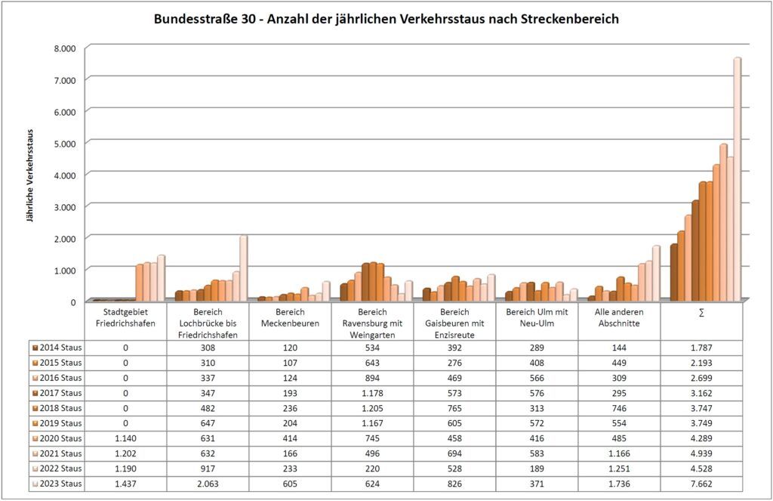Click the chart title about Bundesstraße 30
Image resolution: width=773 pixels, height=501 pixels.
pos(386,19)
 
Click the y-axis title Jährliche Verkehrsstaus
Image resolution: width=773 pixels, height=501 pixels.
pos(30,174)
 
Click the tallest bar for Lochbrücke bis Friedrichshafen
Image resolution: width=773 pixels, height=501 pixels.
pos(243,268)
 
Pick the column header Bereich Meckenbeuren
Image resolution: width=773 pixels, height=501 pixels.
pos(290,317)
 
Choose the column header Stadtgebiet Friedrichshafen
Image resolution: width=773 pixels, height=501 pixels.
pos(126,317)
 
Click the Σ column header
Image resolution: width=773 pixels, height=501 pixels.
pos(701,313)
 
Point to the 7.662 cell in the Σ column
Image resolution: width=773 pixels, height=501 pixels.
pos(701,484)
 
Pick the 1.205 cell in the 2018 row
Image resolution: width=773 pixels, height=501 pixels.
pos(372,408)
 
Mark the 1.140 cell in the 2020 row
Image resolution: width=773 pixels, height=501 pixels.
pos(126,438)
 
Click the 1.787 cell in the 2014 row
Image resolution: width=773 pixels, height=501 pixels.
pos(701,348)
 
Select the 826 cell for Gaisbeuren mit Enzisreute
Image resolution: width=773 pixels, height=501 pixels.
pos(454,484)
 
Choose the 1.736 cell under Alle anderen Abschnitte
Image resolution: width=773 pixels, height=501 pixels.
pos(619,484)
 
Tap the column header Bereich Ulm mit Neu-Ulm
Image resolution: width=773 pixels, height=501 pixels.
pos(537,317)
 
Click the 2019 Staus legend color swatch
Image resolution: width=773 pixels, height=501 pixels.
pos(35,423)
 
